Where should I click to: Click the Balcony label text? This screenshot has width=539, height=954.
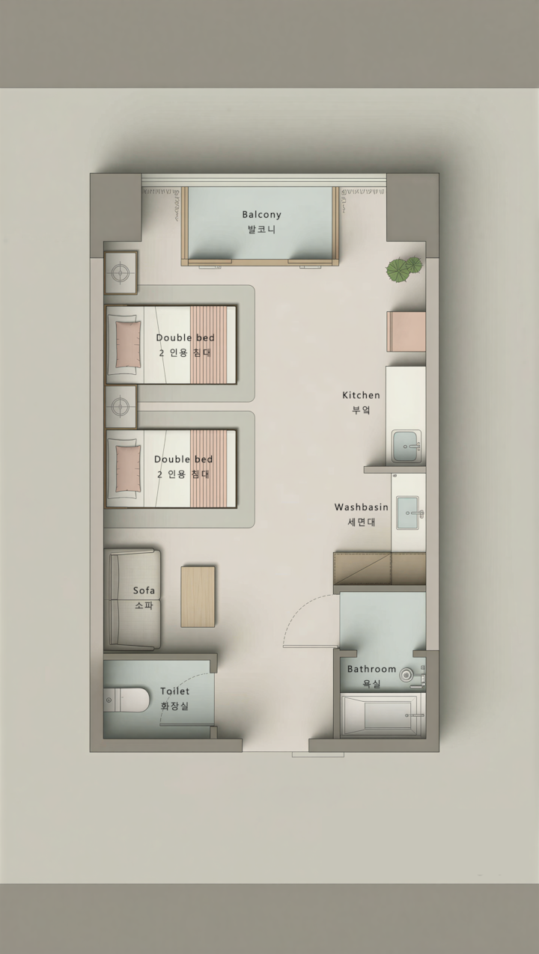coord(261,214)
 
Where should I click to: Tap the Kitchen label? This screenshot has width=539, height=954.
coord(361,395)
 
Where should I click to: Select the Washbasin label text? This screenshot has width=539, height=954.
coord(362,507)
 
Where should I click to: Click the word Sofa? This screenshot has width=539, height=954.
coord(144,590)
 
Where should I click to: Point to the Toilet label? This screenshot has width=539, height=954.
coord(174,691)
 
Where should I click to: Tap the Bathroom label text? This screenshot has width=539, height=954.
coord(371,669)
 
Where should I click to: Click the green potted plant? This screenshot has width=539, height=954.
coord(404,269)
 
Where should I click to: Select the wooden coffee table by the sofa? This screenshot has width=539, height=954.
coord(198,596)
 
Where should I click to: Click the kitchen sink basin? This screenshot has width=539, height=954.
coord(407,446)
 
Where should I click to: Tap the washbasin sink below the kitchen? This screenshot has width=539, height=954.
coord(408,513)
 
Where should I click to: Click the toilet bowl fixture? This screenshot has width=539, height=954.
coord(127,700)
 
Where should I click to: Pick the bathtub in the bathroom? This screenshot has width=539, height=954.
coord(383,715)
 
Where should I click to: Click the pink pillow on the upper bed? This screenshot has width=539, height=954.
coord(128,344)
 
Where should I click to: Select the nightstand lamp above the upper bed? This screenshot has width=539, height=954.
coord(121,272)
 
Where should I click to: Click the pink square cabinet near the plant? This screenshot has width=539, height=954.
coord(406,331)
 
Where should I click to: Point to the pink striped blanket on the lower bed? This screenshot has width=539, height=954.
coord(208,468)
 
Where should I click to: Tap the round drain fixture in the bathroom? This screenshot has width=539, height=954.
coord(406,675)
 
